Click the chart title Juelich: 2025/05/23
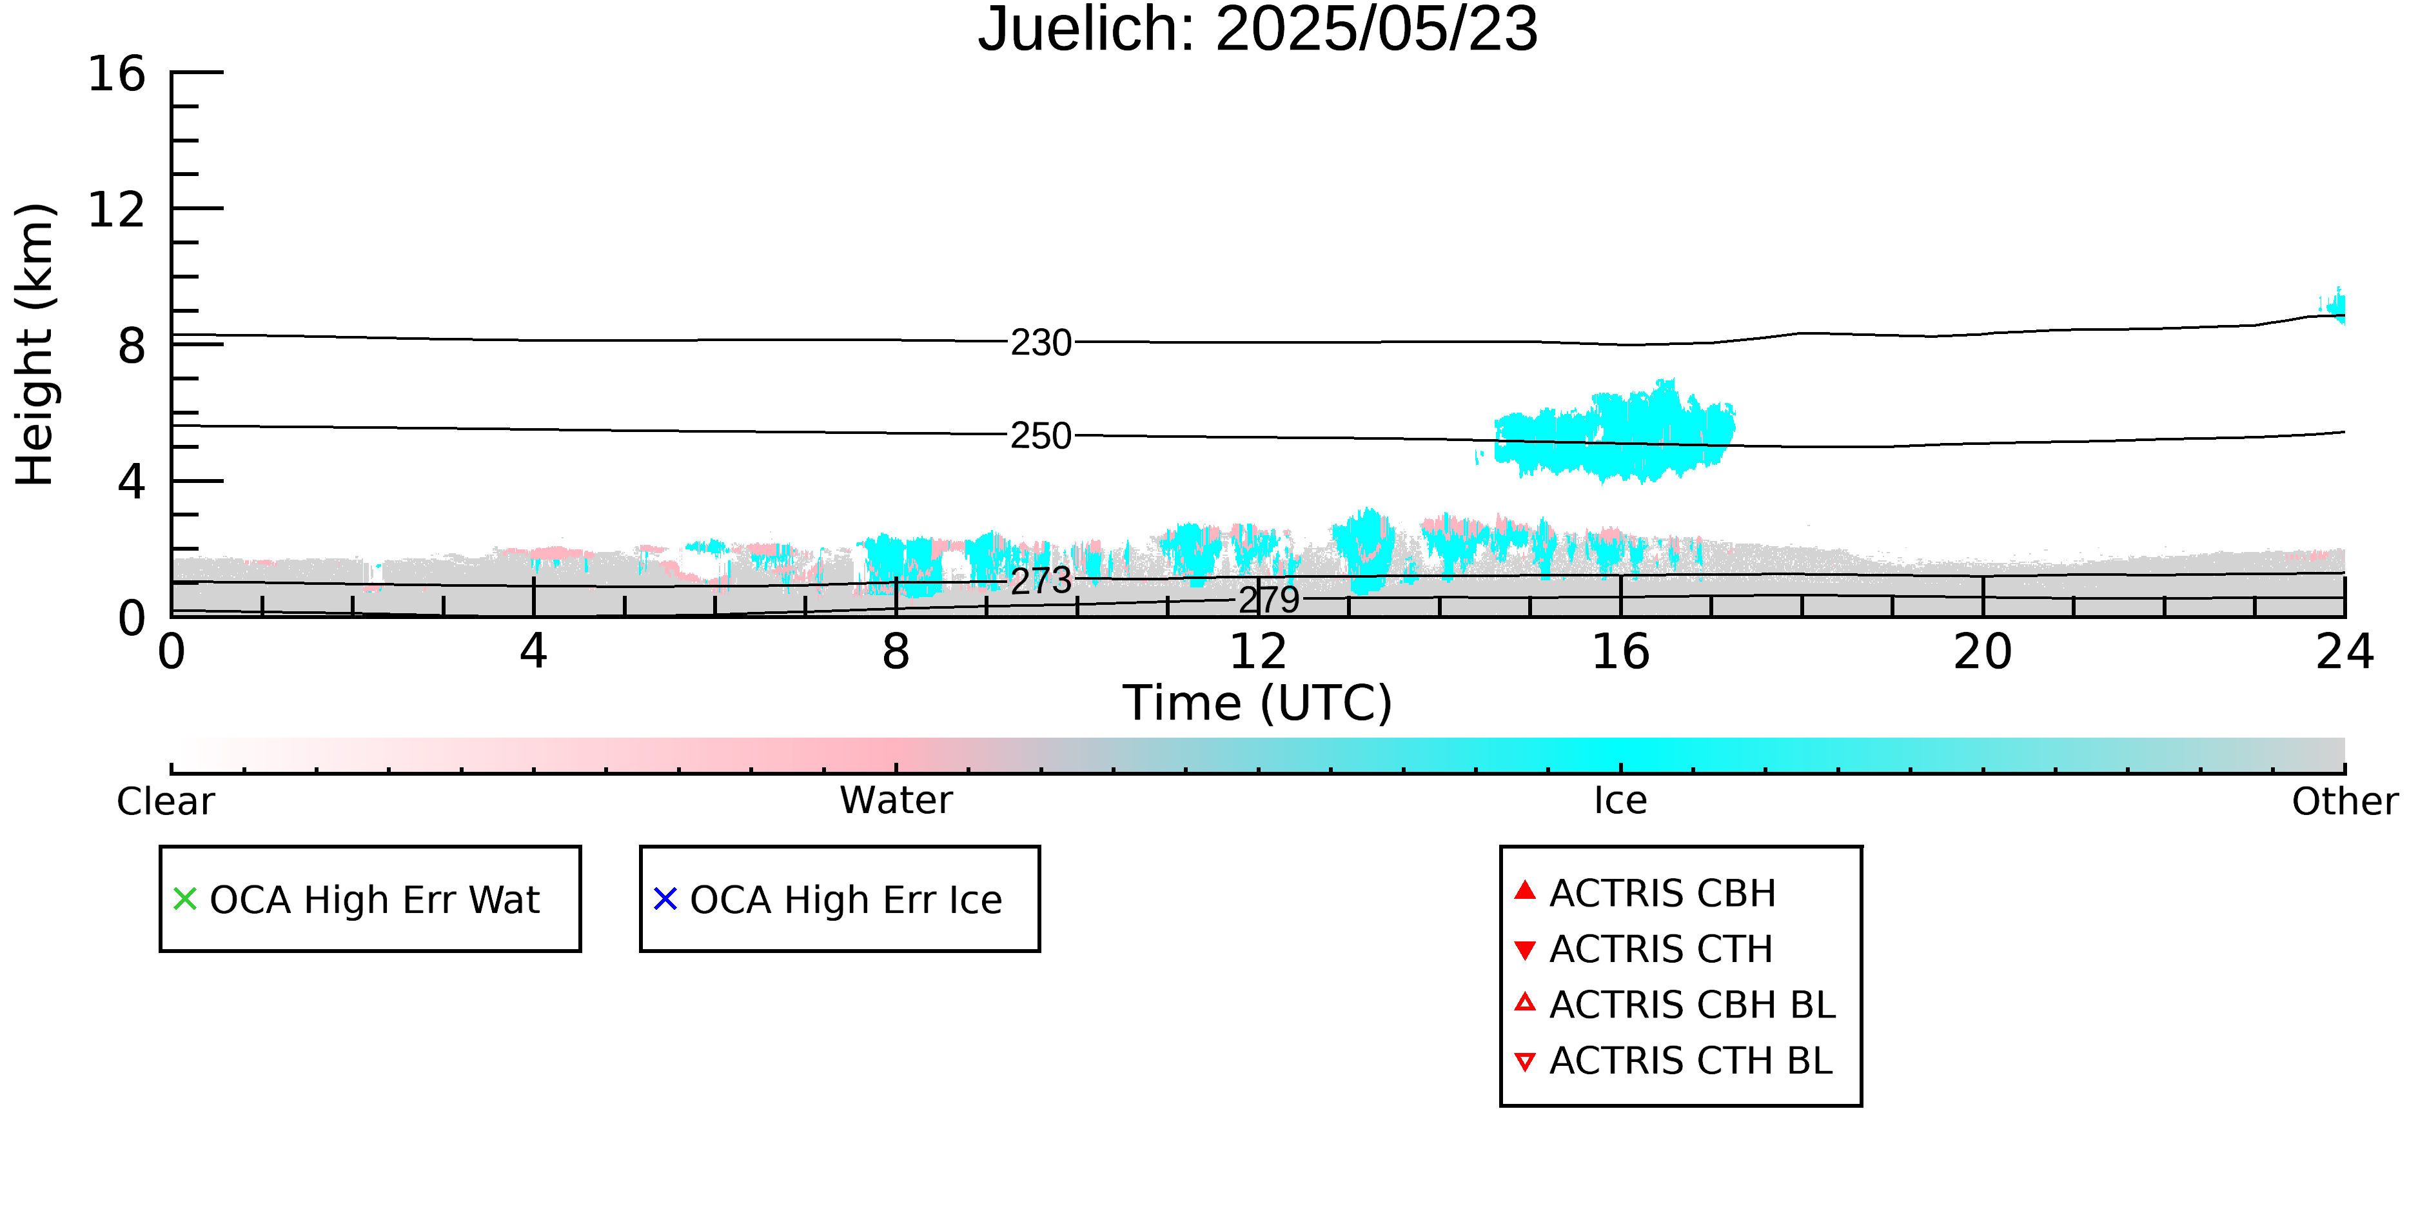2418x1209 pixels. tap(1258, 30)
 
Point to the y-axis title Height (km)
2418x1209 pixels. tap(35, 344)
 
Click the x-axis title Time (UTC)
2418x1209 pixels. tap(1258, 703)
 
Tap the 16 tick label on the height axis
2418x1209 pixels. tap(117, 74)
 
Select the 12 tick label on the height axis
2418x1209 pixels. tap(117, 210)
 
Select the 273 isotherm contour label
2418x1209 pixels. tap(1041, 581)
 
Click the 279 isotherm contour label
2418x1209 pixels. tap(1269, 600)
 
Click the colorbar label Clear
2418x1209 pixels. tap(165, 801)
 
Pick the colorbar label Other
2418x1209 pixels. tap(2344, 801)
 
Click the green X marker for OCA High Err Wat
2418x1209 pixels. tap(185, 899)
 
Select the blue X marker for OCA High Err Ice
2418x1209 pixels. tap(665, 899)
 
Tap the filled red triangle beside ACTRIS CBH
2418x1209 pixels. tap(1526, 890)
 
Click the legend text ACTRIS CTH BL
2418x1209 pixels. tap(1691, 1061)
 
